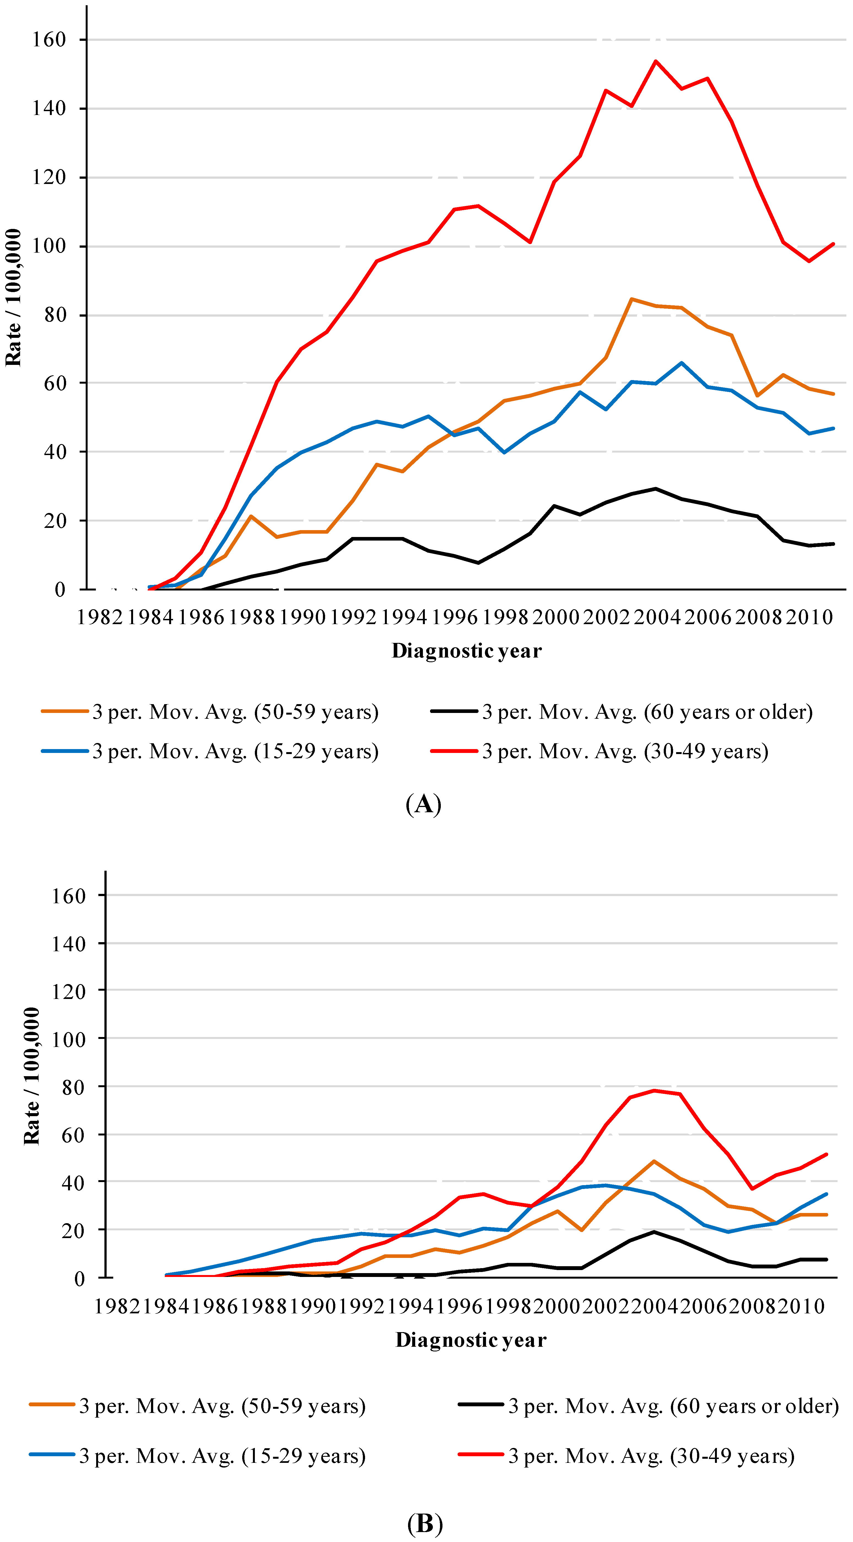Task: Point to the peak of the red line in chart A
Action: [x=656, y=61]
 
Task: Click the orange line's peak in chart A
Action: [x=632, y=299]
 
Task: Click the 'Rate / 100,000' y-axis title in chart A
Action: [x=13, y=298]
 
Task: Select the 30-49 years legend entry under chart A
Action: [x=599, y=751]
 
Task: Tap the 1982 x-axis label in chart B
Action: [x=118, y=1306]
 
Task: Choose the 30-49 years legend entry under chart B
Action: [x=626, y=1456]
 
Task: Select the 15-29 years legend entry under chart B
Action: [x=197, y=1456]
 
